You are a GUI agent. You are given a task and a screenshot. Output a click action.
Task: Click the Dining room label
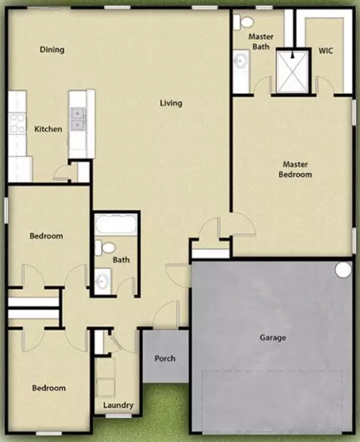point(52,49)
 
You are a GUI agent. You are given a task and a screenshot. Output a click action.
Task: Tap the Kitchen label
point(48,129)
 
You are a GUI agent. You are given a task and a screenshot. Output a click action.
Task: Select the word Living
point(171,103)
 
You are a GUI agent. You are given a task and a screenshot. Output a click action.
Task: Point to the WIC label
point(325,51)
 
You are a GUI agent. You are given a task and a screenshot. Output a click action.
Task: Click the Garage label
point(273,338)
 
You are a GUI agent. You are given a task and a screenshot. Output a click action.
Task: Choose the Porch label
point(165,359)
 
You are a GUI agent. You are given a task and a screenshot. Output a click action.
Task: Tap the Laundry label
point(118,405)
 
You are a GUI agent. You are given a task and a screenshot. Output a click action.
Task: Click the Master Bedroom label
point(295,169)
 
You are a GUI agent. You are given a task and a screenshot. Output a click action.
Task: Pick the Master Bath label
point(261,41)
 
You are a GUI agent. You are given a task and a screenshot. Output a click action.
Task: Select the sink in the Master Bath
point(241,61)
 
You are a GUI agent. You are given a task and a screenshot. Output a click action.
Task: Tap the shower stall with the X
point(292,72)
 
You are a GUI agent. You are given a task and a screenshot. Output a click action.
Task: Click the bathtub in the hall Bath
point(115,224)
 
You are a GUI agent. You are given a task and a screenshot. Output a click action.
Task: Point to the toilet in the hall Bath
point(105,248)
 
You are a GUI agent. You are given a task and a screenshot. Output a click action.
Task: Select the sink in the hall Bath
point(102,281)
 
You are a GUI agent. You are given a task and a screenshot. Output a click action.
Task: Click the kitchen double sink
point(78,118)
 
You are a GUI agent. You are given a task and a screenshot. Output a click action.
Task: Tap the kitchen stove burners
point(17,123)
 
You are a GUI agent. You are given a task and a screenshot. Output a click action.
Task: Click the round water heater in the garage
point(343,270)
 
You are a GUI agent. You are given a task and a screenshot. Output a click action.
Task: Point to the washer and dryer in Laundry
point(105,378)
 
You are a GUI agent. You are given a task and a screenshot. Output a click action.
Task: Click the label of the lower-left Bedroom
point(49,388)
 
